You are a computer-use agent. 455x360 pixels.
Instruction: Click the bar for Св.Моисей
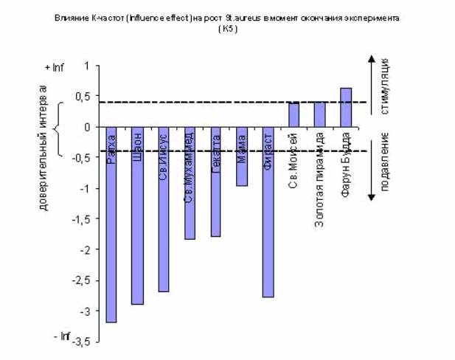(294, 115)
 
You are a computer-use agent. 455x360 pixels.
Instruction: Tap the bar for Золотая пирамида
(319, 114)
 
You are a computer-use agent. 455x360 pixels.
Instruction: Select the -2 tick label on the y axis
(84, 249)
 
